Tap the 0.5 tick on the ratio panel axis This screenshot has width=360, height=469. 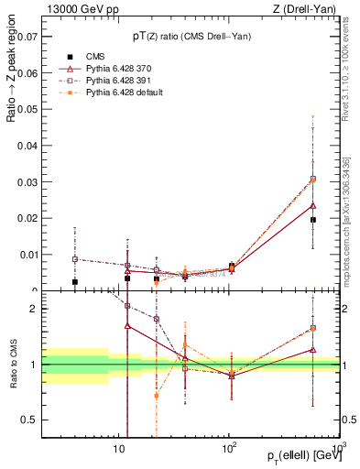tap(31, 420)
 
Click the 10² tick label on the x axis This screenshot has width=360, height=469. tap(229, 449)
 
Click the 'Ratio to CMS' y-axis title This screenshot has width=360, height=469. tap(13, 366)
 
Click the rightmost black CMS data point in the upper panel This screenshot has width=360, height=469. tap(313, 220)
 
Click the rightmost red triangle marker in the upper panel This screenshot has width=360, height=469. tap(313, 205)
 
